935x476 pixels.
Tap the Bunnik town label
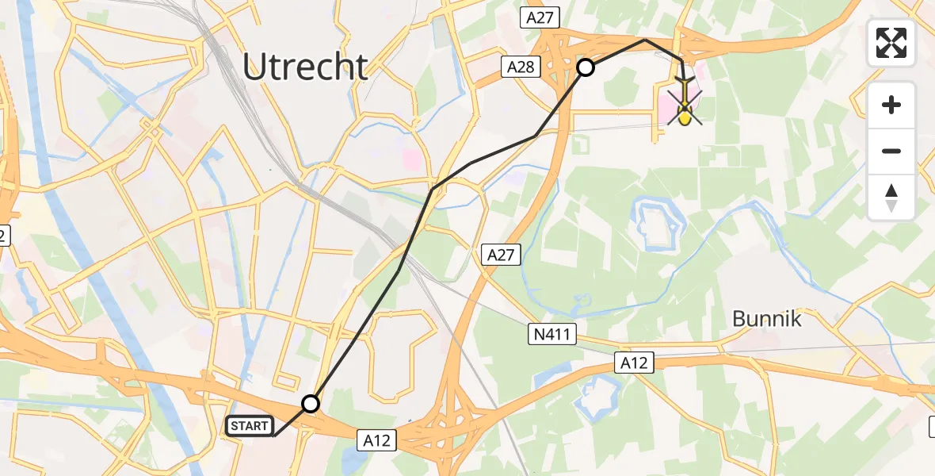click(766, 319)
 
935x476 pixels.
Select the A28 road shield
click(521, 68)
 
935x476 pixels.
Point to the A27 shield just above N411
click(501, 255)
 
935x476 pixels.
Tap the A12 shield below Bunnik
click(634, 363)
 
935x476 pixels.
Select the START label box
click(249, 426)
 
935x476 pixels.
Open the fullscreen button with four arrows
click(891, 43)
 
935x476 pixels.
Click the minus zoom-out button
click(891, 151)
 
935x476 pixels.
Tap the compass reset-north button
click(891, 198)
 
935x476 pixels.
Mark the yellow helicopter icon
click(685, 106)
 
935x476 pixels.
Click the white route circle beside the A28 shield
click(585, 67)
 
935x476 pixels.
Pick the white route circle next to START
click(311, 404)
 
